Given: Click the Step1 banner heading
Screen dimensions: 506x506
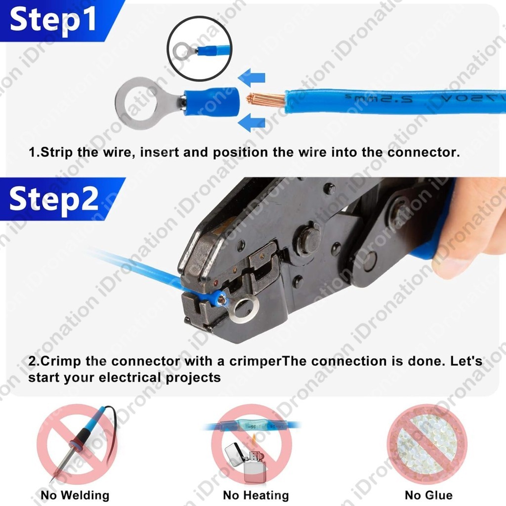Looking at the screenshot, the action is [53, 20].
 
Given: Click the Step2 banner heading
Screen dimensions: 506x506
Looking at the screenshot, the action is [53, 199].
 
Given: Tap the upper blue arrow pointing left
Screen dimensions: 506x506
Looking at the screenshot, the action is [252, 78].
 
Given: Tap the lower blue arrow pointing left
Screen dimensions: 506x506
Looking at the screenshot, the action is [252, 123].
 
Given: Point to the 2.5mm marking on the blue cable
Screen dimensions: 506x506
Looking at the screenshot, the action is [379, 98].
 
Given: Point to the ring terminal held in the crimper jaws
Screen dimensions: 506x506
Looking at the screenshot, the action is [238, 307].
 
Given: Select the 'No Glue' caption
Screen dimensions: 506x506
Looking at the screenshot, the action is [428, 495].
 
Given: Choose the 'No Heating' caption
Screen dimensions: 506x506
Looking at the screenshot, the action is [256, 495].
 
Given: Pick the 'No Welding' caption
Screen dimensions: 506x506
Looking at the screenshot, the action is [75, 495].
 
